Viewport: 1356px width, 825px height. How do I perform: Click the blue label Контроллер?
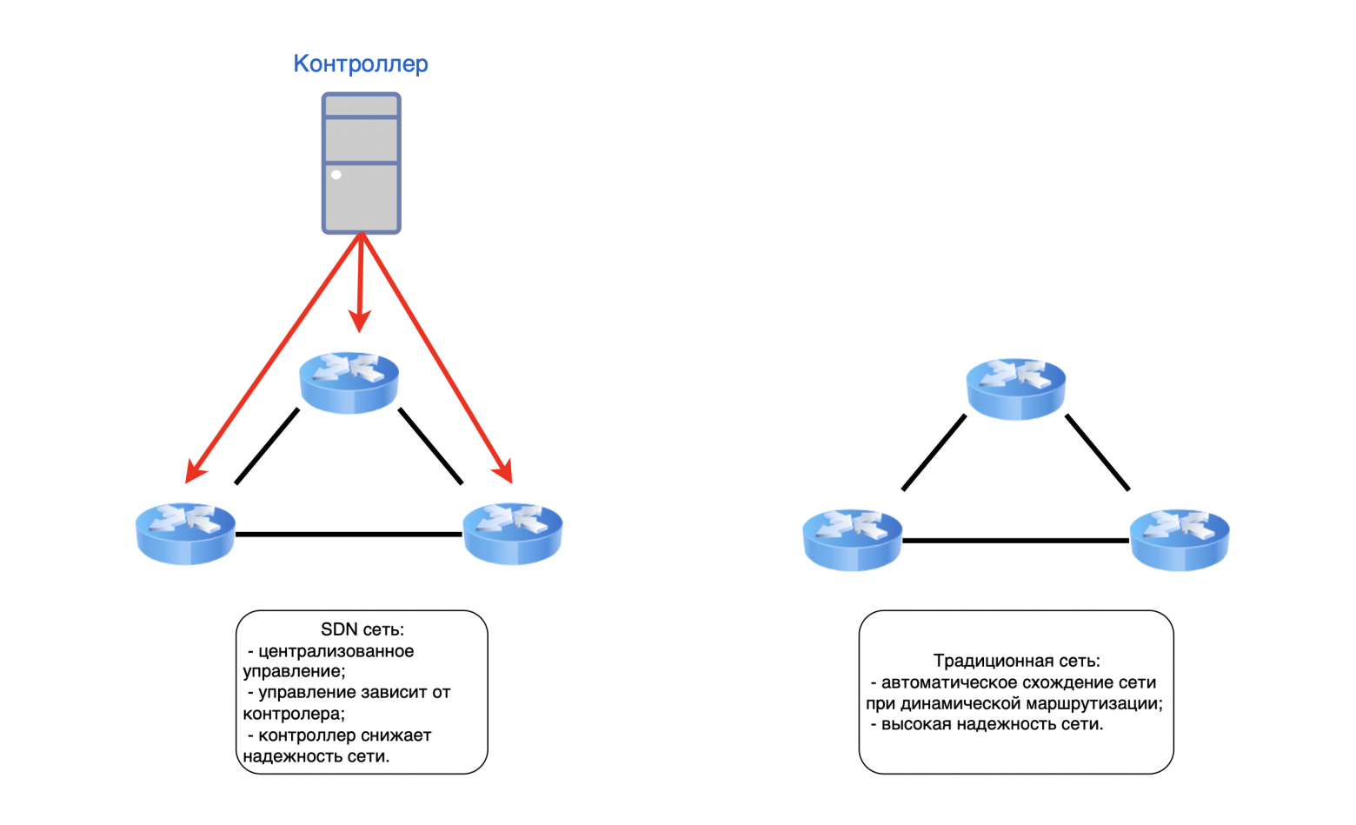[360, 63]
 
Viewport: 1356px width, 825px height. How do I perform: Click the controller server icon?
[361, 163]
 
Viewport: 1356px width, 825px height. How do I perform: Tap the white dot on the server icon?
[336, 175]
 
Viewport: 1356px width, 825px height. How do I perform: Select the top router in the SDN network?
[349, 382]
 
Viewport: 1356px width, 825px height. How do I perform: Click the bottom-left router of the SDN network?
[185, 533]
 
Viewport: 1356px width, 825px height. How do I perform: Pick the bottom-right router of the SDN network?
[512, 533]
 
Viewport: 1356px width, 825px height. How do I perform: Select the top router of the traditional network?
[1015, 388]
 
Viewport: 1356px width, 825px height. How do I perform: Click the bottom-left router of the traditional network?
[852, 539]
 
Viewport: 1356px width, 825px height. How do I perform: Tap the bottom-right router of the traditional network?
[1179, 539]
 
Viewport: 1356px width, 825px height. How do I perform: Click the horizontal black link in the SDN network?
[349, 534]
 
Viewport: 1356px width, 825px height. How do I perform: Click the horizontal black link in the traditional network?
[1015, 541]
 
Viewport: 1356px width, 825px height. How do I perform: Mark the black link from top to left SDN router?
[267, 446]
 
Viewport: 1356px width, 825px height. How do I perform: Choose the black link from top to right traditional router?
[1097, 452]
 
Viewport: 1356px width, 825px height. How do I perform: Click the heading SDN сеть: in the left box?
[362, 629]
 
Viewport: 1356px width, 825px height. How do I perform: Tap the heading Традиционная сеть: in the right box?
[1016, 661]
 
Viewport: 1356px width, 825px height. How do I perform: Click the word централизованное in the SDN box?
[336, 651]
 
